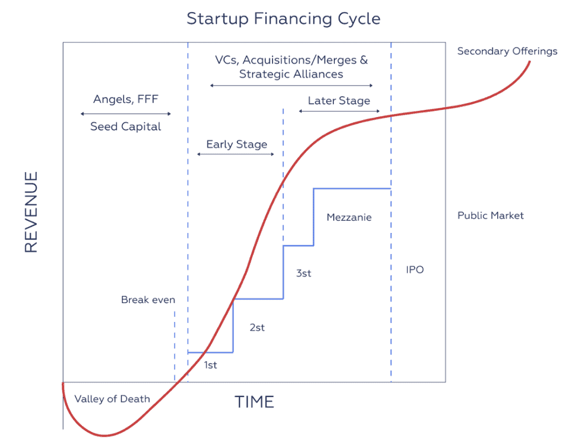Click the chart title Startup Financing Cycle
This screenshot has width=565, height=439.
tap(283, 19)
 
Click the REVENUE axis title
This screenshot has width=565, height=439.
tap(31, 212)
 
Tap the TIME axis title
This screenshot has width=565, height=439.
tap(254, 402)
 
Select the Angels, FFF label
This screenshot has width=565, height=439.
tap(126, 99)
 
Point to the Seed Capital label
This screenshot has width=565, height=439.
tap(125, 126)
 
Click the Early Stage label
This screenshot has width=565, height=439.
tap(237, 144)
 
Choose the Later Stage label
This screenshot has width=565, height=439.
tap(339, 101)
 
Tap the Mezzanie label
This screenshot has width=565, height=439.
tap(349, 217)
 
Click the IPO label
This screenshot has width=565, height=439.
tap(415, 269)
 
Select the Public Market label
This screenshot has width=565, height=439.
tap(491, 215)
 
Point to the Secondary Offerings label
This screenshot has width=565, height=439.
tap(508, 51)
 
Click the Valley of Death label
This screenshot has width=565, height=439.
tap(112, 399)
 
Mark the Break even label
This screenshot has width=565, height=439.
tap(148, 300)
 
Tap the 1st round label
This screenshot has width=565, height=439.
tap(210, 365)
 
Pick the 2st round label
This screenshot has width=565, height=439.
tap(257, 327)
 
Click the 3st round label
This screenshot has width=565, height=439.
tap(303, 273)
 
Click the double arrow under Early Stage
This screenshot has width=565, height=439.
tap(236, 155)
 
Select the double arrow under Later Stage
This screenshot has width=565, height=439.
tap(339, 111)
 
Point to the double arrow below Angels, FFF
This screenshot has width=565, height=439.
tap(125, 114)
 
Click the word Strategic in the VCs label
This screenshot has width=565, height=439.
tap(264, 75)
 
